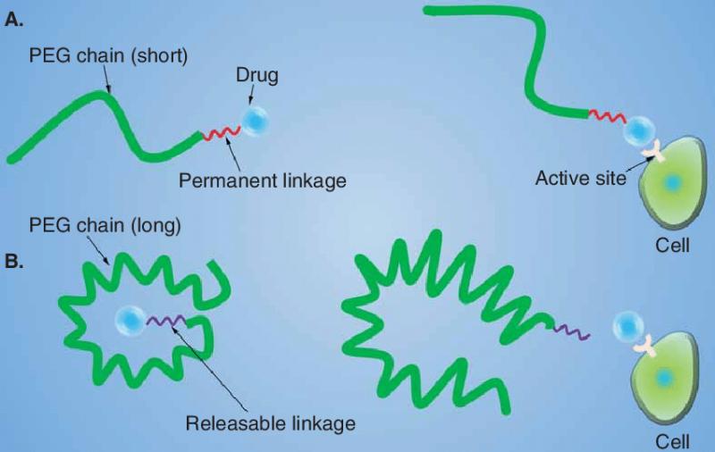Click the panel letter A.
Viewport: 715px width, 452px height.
(x=13, y=20)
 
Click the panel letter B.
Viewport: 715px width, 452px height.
(x=13, y=262)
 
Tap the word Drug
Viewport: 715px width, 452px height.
(x=257, y=76)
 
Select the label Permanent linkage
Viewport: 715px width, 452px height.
(x=262, y=180)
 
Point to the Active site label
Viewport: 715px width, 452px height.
(x=580, y=178)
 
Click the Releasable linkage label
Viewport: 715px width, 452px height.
(x=271, y=423)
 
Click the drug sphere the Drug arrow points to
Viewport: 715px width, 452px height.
(x=255, y=121)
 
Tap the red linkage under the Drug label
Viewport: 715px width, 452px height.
(x=221, y=133)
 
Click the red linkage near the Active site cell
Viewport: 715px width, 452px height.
(x=607, y=116)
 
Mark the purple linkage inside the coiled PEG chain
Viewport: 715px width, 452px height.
(x=165, y=321)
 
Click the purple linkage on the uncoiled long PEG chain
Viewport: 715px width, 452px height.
(x=571, y=331)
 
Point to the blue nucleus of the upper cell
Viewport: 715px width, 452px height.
(x=672, y=183)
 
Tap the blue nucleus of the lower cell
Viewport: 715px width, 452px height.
(x=663, y=377)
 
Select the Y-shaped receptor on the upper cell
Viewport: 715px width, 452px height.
(x=653, y=152)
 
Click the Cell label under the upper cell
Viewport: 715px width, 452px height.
(x=672, y=245)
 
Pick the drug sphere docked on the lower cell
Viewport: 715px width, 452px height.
(x=629, y=326)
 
